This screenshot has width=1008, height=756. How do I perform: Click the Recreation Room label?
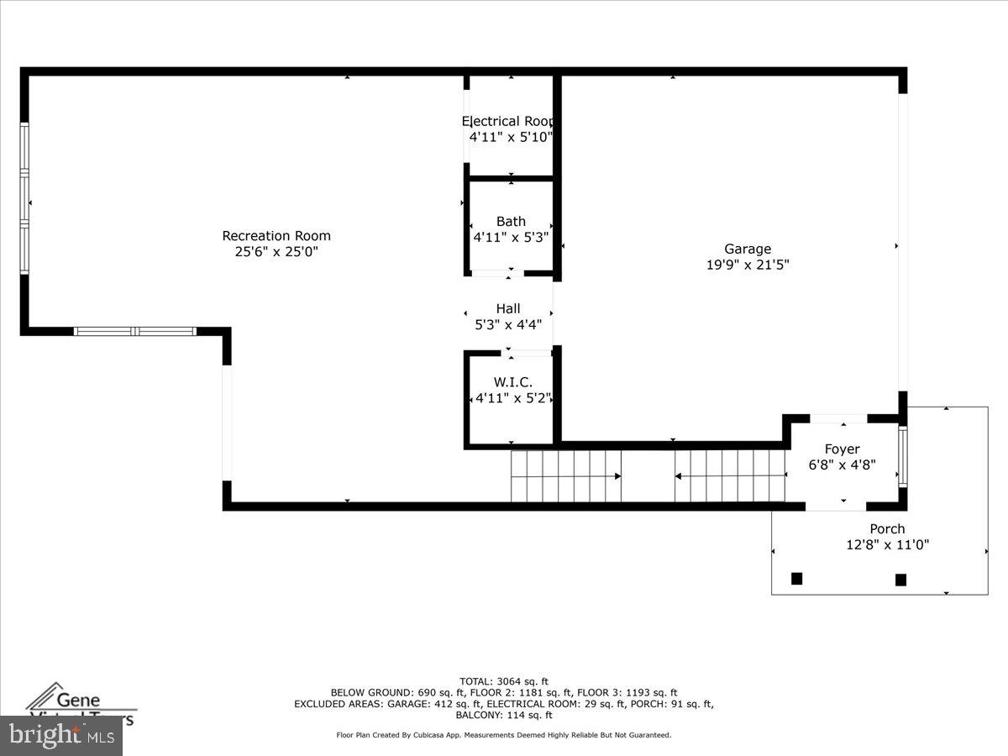click(276, 236)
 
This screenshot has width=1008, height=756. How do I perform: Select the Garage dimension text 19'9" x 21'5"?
click(748, 265)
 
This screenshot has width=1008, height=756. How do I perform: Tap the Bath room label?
click(511, 222)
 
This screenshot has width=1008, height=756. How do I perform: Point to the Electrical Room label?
click(509, 121)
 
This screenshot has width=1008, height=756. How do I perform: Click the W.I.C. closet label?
click(512, 382)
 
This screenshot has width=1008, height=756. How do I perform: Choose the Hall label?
click(507, 308)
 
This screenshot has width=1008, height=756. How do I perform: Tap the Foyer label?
click(842, 449)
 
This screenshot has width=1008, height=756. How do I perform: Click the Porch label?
click(887, 529)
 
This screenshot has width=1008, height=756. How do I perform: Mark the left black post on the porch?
click(796, 578)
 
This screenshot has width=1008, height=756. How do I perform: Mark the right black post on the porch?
click(900, 579)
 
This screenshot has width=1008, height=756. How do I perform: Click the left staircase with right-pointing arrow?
click(566, 476)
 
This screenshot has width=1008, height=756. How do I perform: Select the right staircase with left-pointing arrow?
click(729, 476)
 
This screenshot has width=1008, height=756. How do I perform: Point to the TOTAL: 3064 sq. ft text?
click(504, 681)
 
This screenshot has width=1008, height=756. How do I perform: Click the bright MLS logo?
click(60, 736)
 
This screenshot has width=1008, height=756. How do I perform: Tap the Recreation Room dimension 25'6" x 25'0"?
click(276, 251)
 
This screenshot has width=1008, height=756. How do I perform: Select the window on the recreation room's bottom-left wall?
click(135, 331)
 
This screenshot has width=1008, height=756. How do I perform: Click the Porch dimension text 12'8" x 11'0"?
click(887, 545)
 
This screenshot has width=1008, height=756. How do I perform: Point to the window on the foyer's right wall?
click(903, 457)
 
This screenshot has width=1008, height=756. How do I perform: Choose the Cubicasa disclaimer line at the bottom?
click(504, 735)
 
